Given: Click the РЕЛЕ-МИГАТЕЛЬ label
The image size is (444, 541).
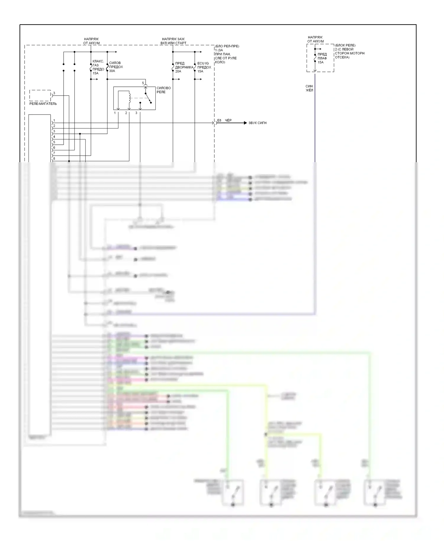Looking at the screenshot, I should (x=43, y=104).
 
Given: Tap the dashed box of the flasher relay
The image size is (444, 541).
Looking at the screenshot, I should (x=40, y=95).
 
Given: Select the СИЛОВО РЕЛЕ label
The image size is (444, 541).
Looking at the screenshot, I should (x=163, y=90).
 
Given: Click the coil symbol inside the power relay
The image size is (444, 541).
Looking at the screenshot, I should (x=129, y=98).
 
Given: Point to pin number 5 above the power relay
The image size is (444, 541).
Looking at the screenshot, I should (x=143, y=83).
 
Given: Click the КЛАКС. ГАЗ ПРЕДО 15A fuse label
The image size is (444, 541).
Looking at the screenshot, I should (x=98, y=67).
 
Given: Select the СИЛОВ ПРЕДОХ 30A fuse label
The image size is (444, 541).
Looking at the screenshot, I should (x=116, y=67).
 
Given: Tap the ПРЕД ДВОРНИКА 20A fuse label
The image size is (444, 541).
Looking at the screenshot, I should (x=184, y=67).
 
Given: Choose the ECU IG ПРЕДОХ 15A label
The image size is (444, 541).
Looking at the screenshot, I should (x=204, y=67).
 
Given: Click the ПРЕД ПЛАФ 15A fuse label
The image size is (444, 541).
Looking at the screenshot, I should (x=322, y=58).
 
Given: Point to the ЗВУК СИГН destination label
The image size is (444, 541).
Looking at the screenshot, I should (x=257, y=123).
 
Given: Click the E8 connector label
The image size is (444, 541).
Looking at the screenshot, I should (x=219, y=120).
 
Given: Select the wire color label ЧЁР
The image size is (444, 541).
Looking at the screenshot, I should (x=228, y=120).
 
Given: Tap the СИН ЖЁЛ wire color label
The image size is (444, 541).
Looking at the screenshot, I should (x=309, y=88).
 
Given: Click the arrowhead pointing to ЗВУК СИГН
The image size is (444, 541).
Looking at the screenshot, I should (x=245, y=123).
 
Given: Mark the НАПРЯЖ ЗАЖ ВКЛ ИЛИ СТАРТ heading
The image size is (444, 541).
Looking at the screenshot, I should (x=173, y=41).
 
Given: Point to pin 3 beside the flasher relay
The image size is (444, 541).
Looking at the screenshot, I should (x=54, y=93).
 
